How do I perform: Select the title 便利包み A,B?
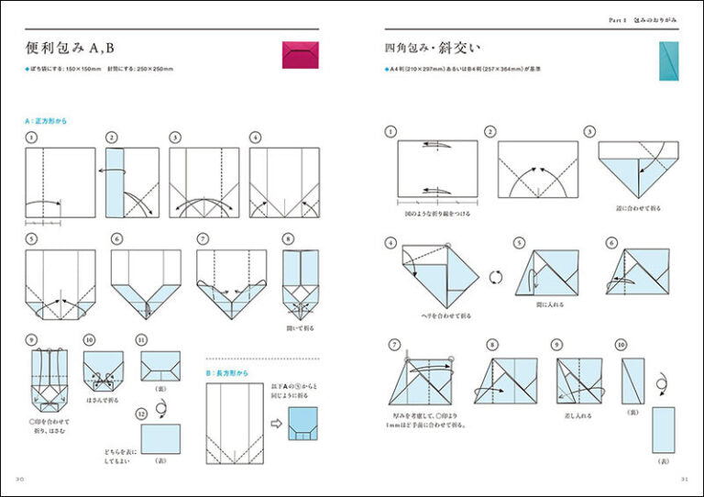(75, 48)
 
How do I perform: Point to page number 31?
(683, 479)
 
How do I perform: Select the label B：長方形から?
(228, 373)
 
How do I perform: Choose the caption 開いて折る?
(301, 326)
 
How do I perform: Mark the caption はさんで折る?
(102, 400)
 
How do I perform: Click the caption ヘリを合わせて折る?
(423, 315)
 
